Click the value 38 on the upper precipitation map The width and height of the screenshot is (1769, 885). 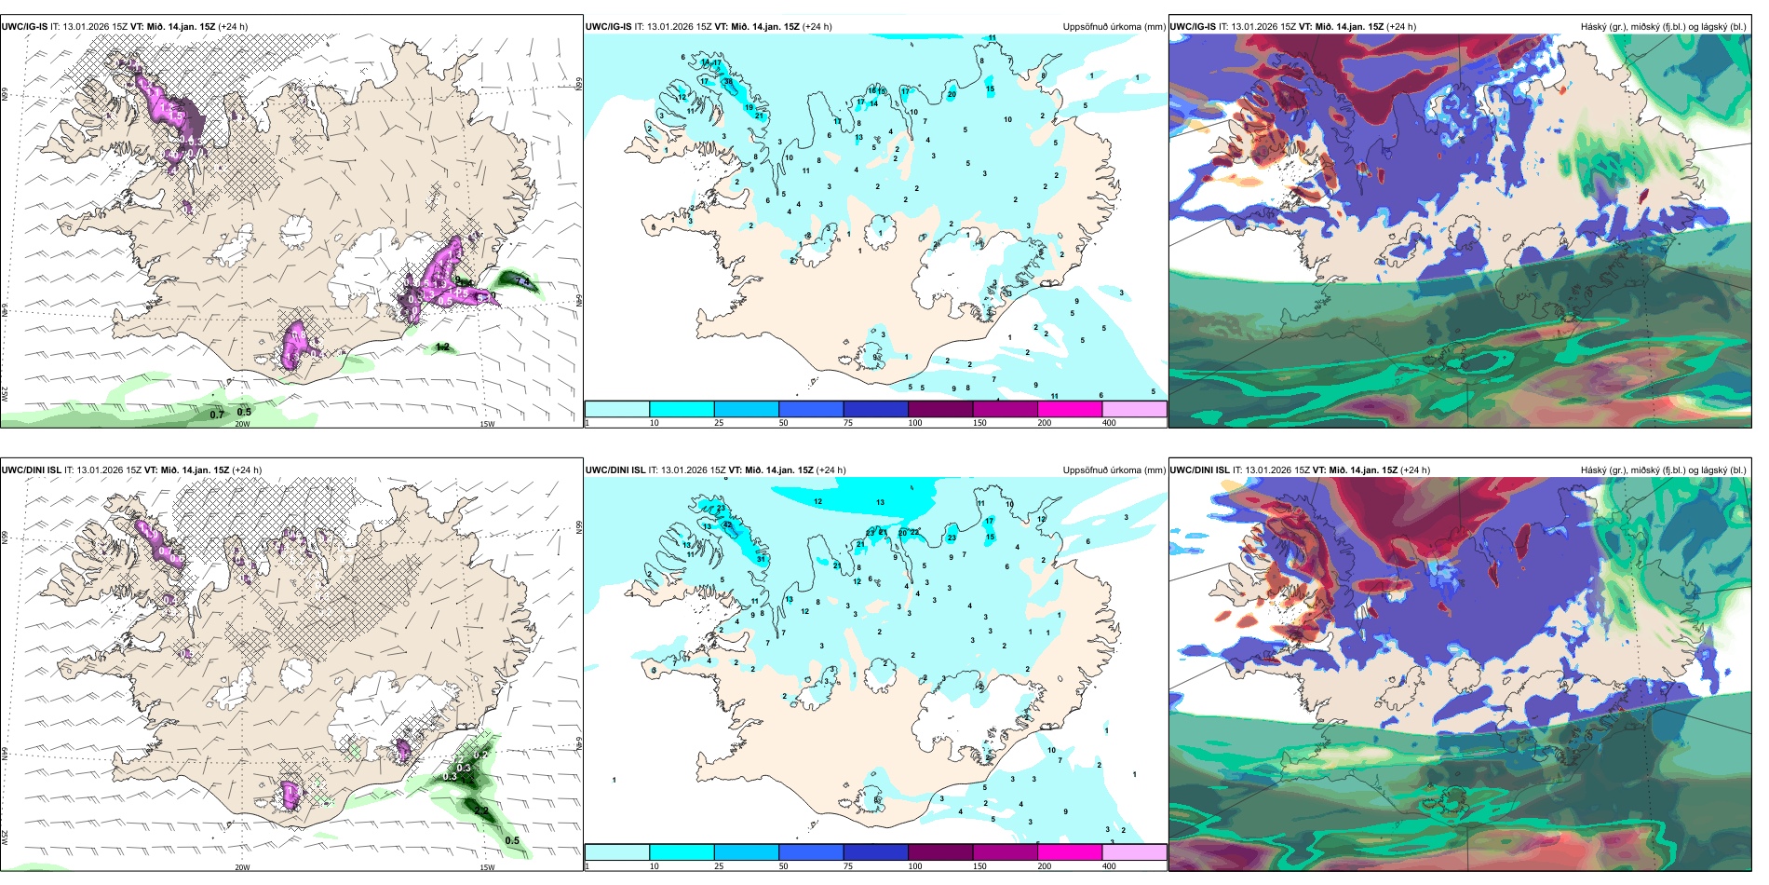coord(728,82)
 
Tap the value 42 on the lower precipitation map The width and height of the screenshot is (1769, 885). coord(728,525)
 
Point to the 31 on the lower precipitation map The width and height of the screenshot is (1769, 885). coord(761,559)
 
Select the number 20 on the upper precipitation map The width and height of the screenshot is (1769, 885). coord(952,94)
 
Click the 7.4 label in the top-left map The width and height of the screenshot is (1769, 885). coord(522,280)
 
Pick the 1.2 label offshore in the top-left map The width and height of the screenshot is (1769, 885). coord(443,347)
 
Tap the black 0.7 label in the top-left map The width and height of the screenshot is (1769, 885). coord(217,415)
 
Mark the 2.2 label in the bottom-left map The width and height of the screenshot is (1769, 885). coord(481,811)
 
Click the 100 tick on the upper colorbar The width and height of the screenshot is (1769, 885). coord(915,423)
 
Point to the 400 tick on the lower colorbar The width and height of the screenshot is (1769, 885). coord(1109,866)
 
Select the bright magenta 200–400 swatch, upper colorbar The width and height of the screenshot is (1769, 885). coord(1069,409)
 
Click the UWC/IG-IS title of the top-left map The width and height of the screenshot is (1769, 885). coord(24,27)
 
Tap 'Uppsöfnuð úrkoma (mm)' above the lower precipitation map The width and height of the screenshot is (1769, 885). coord(1114,470)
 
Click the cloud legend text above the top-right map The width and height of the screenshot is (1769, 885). coord(1663,27)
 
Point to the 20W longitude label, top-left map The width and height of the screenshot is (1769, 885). coord(242,424)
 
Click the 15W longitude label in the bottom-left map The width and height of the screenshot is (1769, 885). coord(486,867)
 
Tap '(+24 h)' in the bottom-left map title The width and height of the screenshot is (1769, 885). coord(247,470)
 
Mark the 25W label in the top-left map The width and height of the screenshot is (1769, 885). coord(5,394)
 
